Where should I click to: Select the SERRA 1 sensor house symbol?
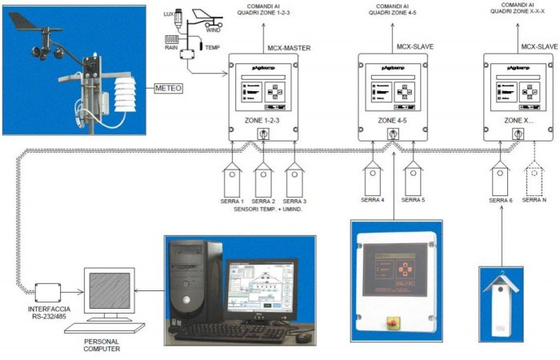point(233,176)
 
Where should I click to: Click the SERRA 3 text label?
point(295,201)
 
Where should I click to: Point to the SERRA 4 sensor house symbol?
point(372,177)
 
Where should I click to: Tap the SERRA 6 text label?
point(500,201)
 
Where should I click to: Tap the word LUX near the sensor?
point(168,15)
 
